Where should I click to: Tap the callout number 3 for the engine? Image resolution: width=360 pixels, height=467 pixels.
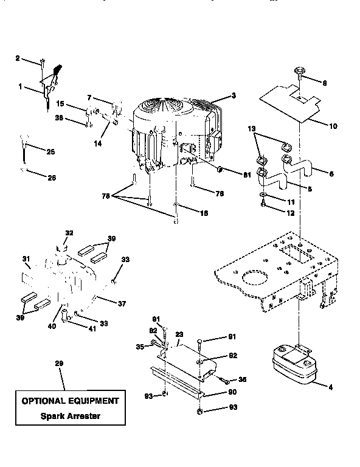click(x=233, y=96)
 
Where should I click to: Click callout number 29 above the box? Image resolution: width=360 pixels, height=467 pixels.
click(x=60, y=363)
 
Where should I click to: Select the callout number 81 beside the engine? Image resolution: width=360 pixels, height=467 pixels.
click(x=247, y=176)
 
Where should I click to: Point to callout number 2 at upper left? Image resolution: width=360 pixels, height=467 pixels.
click(x=18, y=58)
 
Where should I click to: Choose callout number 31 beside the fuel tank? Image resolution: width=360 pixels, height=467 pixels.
click(x=26, y=259)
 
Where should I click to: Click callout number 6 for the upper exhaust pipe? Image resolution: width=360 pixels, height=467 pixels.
click(x=330, y=173)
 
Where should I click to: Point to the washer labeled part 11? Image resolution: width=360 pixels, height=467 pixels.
click(x=261, y=198)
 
